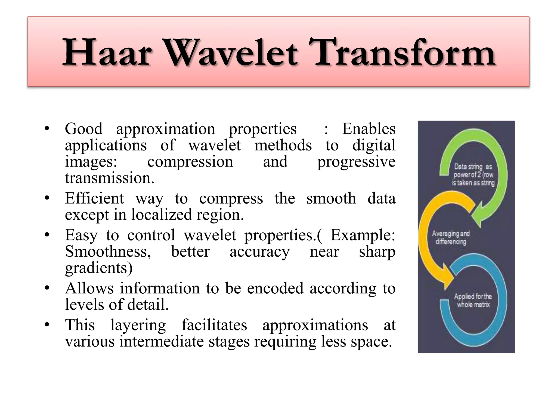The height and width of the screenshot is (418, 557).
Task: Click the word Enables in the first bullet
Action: (x=369, y=129)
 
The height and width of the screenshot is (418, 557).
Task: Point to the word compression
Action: (x=190, y=162)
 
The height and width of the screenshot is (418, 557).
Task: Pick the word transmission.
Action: (x=110, y=178)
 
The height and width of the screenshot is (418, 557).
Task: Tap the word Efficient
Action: (x=94, y=198)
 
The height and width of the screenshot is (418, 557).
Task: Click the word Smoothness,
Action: (x=108, y=251)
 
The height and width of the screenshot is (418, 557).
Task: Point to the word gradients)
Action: (x=99, y=268)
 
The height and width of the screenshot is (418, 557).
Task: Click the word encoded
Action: (x=275, y=288)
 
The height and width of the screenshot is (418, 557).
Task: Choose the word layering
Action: (x=138, y=325)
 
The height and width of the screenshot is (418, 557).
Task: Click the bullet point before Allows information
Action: (x=47, y=288)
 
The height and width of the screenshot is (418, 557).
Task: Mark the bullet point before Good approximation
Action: (x=47, y=129)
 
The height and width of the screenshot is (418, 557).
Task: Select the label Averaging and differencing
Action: (x=451, y=238)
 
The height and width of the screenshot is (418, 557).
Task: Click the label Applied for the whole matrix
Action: (x=473, y=300)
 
